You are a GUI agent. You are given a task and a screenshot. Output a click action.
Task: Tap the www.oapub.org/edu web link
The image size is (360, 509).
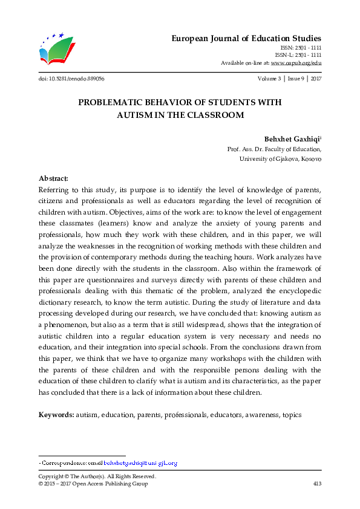296,63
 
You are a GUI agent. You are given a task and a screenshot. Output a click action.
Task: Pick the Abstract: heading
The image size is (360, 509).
53,180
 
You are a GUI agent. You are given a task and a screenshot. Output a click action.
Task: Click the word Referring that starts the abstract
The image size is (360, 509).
55,190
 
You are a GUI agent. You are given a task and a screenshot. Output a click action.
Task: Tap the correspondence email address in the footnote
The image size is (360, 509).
140,463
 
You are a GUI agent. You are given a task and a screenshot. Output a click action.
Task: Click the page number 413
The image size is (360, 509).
316,484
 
